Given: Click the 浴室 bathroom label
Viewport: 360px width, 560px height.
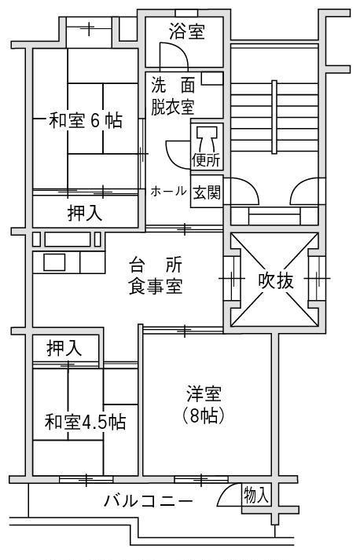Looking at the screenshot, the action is click(x=186, y=31).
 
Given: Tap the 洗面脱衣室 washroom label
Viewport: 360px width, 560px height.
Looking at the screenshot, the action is click(x=173, y=96).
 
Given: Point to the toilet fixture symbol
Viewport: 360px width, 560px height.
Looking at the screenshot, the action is click(x=207, y=138).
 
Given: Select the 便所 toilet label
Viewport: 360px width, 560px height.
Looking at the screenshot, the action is click(x=206, y=160).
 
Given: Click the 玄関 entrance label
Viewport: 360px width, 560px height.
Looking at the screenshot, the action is click(x=207, y=193).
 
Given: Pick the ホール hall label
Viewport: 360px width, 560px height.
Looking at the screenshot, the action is click(x=168, y=192).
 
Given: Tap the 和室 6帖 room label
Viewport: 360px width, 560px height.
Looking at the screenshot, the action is click(x=86, y=120).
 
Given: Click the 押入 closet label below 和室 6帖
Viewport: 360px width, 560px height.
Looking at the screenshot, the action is click(x=85, y=214).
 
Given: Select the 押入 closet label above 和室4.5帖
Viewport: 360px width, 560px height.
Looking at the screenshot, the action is click(x=64, y=348).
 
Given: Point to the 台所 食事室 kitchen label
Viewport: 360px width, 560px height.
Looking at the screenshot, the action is click(x=155, y=276).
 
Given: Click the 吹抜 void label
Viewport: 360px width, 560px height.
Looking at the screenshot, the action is click(x=276, y=280).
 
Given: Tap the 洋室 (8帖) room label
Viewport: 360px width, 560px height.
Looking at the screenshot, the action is click(x=204, y=404).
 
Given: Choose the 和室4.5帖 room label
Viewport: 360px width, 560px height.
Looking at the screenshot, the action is click(x=85, y=422).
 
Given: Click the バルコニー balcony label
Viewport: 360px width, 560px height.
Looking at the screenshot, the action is click(x=148, y=501).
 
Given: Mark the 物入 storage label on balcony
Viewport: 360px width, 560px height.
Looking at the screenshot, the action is click(x=255, y=495).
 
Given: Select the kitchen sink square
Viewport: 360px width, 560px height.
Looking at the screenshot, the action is click(x=54, y=262).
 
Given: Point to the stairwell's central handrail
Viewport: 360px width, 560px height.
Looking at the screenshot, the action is click(x=274, y=117).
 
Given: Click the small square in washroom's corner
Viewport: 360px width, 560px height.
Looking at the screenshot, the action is click(x=212, y=79).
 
